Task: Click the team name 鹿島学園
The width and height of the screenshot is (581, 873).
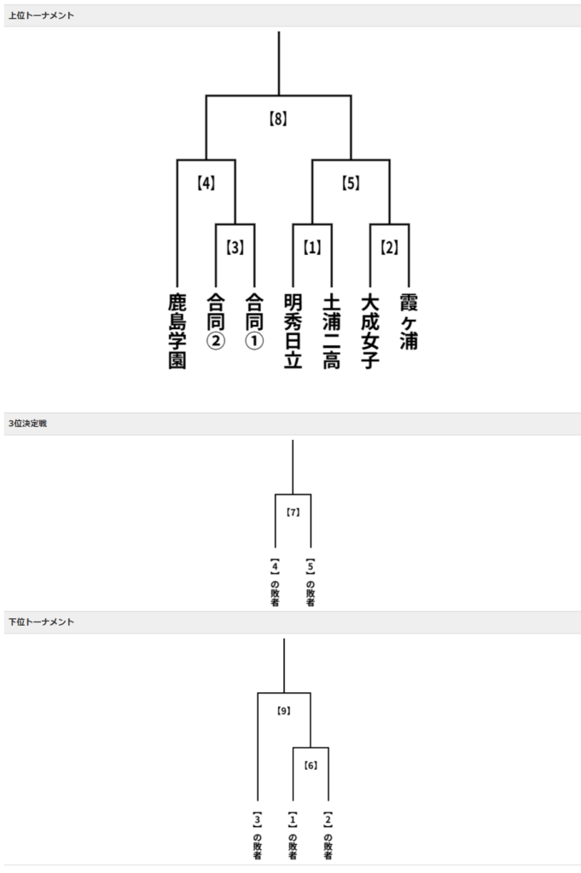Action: pyautogui.click(x=177, y=330)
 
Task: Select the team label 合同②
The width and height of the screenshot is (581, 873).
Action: pyautogui.click(x=216, y=321)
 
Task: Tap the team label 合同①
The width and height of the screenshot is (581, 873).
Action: pyautogui.click(x=254, y=321)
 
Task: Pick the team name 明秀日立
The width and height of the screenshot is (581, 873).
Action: pyautogui.click(x=293, y=330)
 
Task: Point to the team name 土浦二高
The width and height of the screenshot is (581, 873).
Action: pyautogui.click(x=331, y=330)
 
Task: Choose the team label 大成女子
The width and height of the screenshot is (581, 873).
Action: pyautogui.click(x=369, y=330)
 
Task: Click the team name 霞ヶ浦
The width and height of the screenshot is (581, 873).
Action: pyautogui.click(x=408, y=321)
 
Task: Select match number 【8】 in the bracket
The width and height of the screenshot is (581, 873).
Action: pyautogui.click(x=278, y=119)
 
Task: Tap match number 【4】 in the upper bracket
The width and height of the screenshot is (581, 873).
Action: pyautogui.click(x=205, y=182)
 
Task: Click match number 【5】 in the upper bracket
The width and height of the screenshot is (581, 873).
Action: pyautogui.click(x=351, y=182)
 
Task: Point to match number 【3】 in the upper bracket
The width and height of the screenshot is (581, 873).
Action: pyautogui.click(x=235, y=247)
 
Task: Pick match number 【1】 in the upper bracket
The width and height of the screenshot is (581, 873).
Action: pyautogui.click(x=312, y=247)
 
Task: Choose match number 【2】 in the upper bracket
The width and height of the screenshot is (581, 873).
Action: pyautogui.click(x=389, y=247)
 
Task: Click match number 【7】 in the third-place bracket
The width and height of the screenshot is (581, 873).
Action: pyautogui.click(x=293, y=512)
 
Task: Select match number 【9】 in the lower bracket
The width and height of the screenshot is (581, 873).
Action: pyautogui.click(x=284, y=709)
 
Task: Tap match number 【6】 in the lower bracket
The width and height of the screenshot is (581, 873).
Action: pyautogui.click(x=311, y=765)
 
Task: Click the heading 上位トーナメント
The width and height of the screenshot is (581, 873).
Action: pyautogui.click(x=41, y=15)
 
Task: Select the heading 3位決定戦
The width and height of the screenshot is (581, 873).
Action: pyautogui.click(x=28, y=423)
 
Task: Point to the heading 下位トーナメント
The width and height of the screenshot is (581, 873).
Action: pyautogui.click(x=41, y=622)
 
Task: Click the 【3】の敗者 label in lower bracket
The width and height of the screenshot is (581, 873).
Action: pyautogui.click(x=257, y=835)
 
